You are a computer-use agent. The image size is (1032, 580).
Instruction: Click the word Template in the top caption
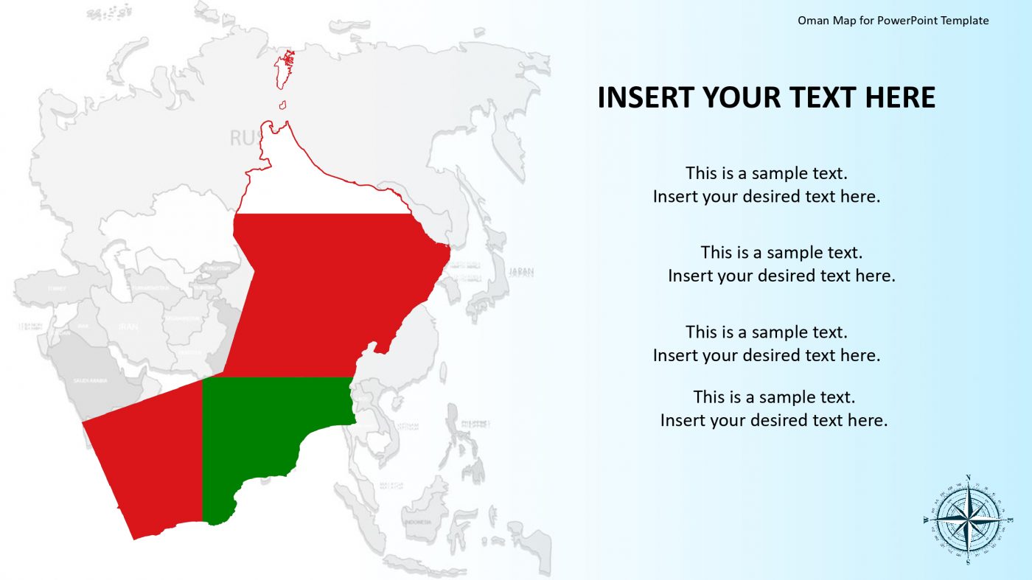(x=964, y=21)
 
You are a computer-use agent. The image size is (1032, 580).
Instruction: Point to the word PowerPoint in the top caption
(x=902, y=21)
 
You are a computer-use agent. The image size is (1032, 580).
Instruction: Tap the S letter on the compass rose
(x=968, y=561)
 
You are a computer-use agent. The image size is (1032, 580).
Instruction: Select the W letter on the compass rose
(x=926, y=520)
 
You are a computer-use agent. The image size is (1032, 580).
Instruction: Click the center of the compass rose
(x=968, y=520)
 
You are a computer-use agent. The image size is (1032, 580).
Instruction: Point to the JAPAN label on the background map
(x=521, y=272)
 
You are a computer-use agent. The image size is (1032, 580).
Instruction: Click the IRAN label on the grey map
(x=128, y=326)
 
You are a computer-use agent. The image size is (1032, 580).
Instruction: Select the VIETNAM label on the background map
(x=408, y=425)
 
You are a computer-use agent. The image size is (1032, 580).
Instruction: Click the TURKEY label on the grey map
(x=56, y=288)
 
